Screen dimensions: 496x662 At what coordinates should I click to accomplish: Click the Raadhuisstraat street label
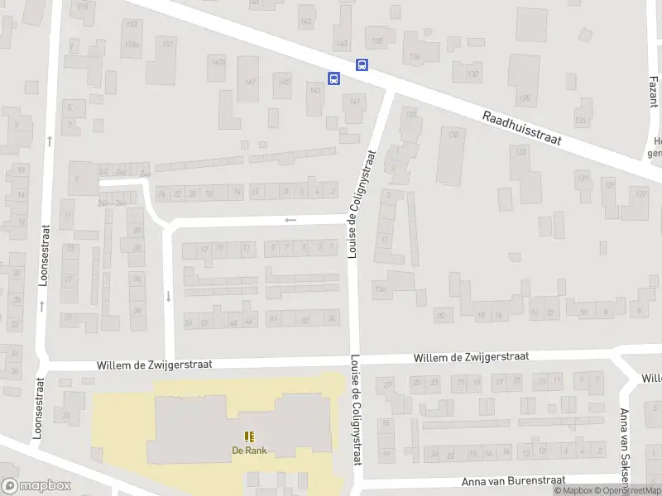522,128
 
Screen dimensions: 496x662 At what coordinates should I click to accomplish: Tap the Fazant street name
654,98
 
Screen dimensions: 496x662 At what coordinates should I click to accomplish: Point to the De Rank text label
248,451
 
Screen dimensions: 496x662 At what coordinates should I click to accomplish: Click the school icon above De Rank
249,436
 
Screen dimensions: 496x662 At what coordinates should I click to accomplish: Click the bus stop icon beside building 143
333,79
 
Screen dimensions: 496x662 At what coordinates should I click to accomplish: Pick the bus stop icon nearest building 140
362,64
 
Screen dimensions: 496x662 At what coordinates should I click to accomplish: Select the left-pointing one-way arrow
290,220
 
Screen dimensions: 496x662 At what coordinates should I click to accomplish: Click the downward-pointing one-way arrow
168,296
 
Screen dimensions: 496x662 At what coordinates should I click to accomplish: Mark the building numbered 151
167,44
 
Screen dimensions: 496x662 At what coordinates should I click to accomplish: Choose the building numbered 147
249,82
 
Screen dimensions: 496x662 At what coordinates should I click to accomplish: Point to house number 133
520,152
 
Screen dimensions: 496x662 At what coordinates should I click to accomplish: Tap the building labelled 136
413,56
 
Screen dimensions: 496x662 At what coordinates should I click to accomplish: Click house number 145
284,82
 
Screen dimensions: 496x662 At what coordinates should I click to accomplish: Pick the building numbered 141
355,102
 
